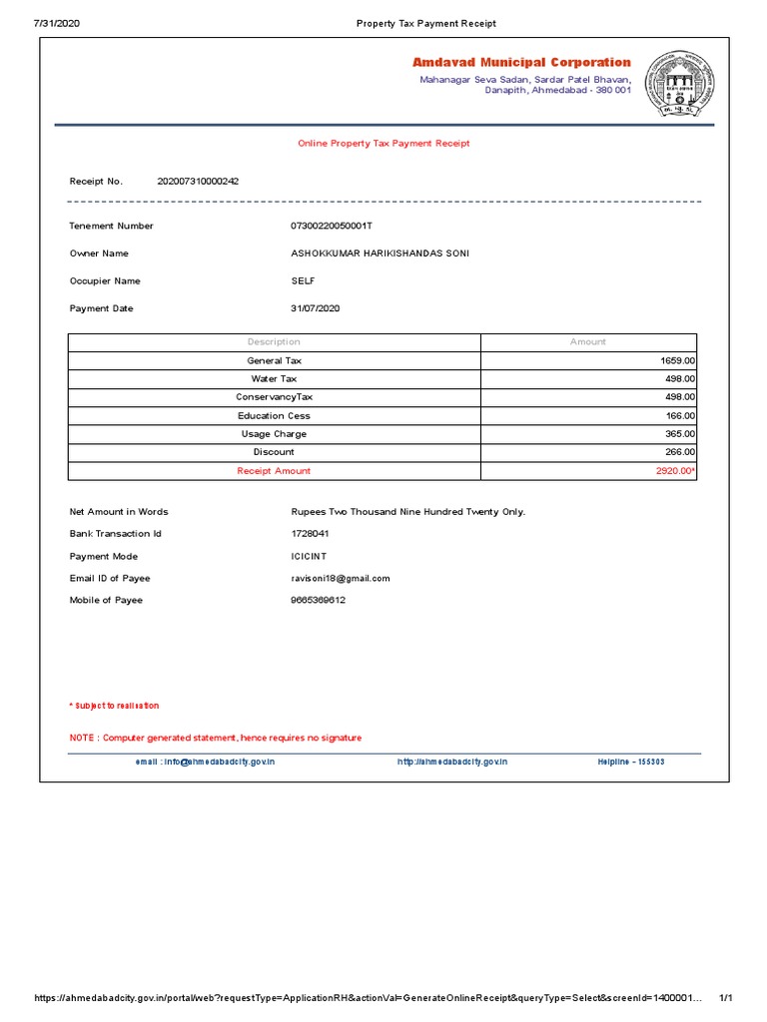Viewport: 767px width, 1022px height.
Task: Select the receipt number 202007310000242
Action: click(x=198, y=182)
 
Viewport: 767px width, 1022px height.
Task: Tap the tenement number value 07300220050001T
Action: click(x=330, y=226)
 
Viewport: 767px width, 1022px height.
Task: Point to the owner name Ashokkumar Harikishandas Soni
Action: click(x=379, y=254)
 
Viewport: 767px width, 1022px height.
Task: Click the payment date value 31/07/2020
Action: click(x=315, y=308)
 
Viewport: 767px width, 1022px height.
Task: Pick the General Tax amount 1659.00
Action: click(x=677, y=360)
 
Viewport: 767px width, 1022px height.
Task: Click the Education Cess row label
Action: click(x=274, y=415)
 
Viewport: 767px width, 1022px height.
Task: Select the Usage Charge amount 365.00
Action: click(x=679, y=434)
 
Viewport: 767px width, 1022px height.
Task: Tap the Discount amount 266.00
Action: click(x=679, y=452)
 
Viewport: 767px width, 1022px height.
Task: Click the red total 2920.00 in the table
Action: click(x=674, y=471)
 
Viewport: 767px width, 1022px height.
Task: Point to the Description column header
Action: click(x=274, y=342)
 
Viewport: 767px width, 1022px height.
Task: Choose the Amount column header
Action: click(x=587, y=342)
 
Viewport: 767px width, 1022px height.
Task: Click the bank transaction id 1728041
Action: click(x=310, y=534)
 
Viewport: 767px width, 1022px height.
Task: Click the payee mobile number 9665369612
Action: click(x=318, y=600)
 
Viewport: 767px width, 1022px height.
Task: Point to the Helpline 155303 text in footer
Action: click(x=630, y=762)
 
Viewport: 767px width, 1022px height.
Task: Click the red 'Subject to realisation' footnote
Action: click(x=114, y=706)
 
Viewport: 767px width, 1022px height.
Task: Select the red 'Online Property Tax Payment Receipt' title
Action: click(x=383, y=144)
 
